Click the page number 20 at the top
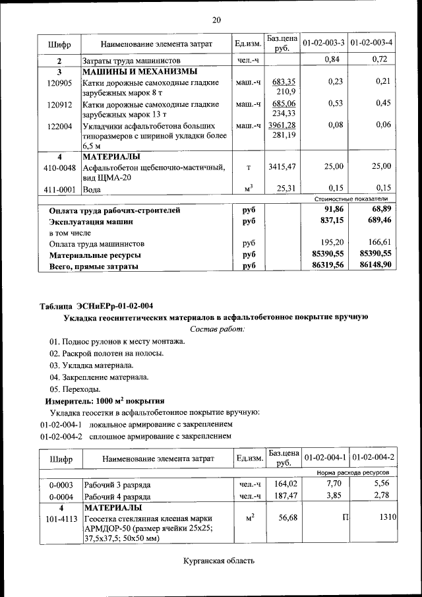point(216,20)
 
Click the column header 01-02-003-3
point(324,44)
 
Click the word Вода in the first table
point(92,189)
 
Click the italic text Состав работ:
point(217,329)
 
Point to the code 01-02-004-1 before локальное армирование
point(61,424)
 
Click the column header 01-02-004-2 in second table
point(373,458)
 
